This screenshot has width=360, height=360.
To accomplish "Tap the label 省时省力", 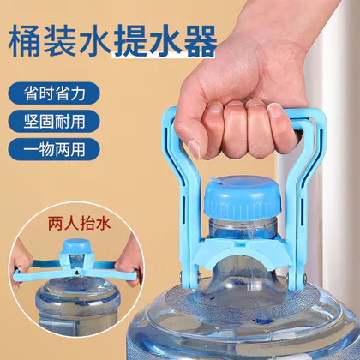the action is click(54, 93).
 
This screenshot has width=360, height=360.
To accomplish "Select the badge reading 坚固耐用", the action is click(54, 121).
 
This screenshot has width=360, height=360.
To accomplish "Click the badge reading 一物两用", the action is click(54, 149).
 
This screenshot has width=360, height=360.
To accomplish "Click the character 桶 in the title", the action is click(25, 41).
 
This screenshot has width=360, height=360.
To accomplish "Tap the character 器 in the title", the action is click(198, 41).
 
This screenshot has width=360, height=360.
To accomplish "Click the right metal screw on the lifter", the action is click(304, 277).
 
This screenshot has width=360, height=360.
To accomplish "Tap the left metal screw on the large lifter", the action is click(182, 276).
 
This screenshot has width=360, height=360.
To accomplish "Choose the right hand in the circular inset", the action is click(131, 260).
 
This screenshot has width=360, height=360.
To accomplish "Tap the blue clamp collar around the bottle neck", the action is click(243, 251).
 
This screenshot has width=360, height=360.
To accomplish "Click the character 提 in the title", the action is click(129, 41).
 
